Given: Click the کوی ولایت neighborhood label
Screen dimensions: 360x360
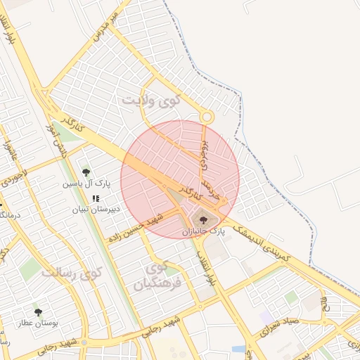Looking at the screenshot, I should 151,100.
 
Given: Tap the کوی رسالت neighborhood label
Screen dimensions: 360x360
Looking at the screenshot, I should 72,272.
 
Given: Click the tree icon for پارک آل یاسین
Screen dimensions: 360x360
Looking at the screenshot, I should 86,172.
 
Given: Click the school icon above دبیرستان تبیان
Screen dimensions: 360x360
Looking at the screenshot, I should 96,198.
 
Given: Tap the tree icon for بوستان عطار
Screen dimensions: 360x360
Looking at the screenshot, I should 38,311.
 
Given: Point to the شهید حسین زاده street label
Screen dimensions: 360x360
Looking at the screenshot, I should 136,229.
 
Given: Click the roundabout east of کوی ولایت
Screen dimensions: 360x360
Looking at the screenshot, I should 206,117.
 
